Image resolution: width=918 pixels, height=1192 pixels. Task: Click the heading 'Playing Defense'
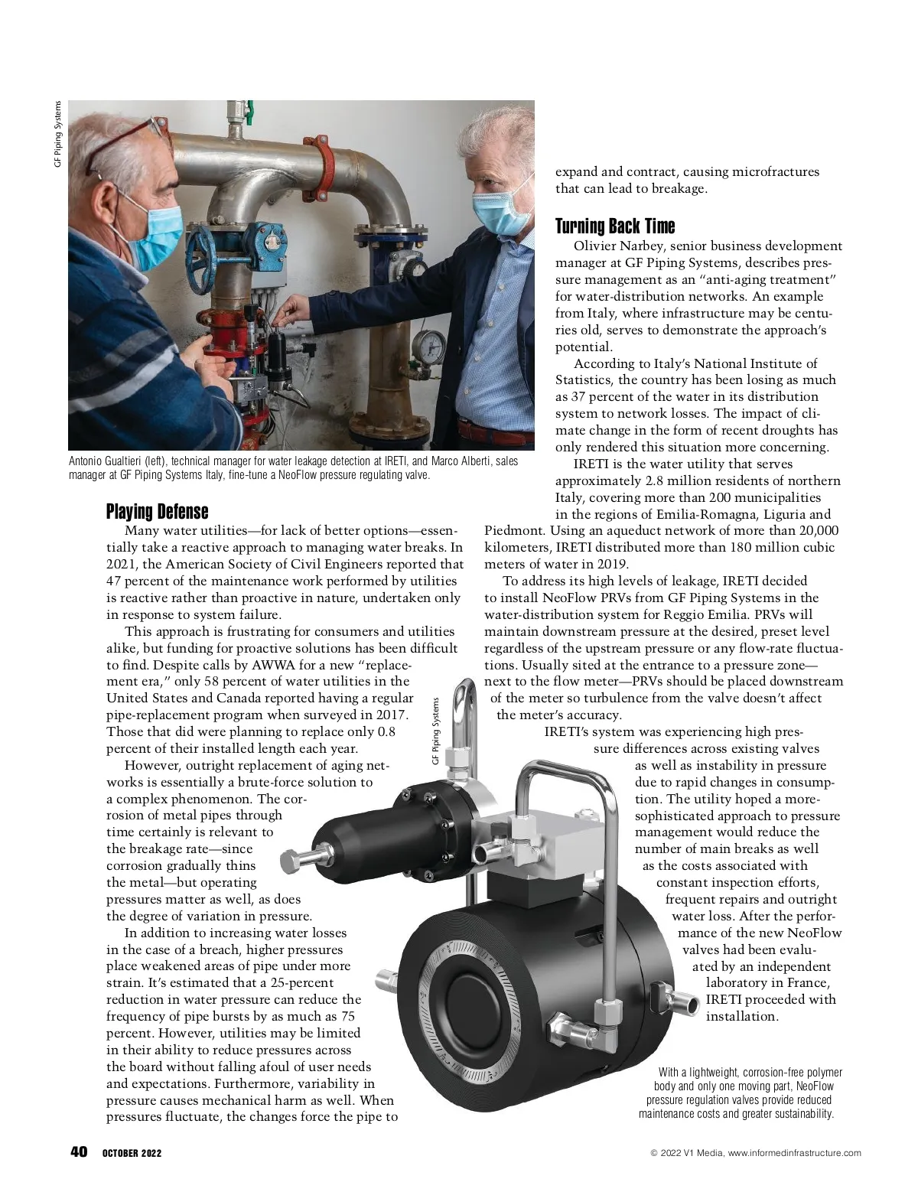click(x=157, y=511)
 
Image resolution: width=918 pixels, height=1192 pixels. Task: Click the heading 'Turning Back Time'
click(x=615, y=226)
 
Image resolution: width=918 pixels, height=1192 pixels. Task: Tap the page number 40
click(x=79, y=1153)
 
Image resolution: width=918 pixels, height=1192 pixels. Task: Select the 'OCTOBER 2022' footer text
click(x=132, y=1154)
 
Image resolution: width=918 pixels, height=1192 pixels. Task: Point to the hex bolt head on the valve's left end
click(x=289, y=861)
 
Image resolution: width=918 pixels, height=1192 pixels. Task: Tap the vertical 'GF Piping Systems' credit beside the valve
click(x=435, y=731)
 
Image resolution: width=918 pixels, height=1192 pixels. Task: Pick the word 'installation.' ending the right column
click(x=741, y=1016)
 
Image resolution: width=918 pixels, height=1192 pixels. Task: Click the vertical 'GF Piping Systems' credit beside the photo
click(x=57, y=134)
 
